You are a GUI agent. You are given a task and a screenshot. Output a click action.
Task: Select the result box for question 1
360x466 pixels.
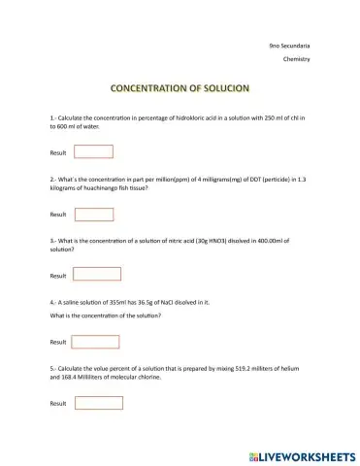click(94, 151)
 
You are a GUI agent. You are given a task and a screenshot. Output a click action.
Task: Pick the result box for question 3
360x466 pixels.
click(94, 274)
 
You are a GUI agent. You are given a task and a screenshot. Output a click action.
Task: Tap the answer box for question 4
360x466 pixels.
click(94, 342)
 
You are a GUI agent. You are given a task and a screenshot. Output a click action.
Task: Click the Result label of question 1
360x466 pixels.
click(58, 152)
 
